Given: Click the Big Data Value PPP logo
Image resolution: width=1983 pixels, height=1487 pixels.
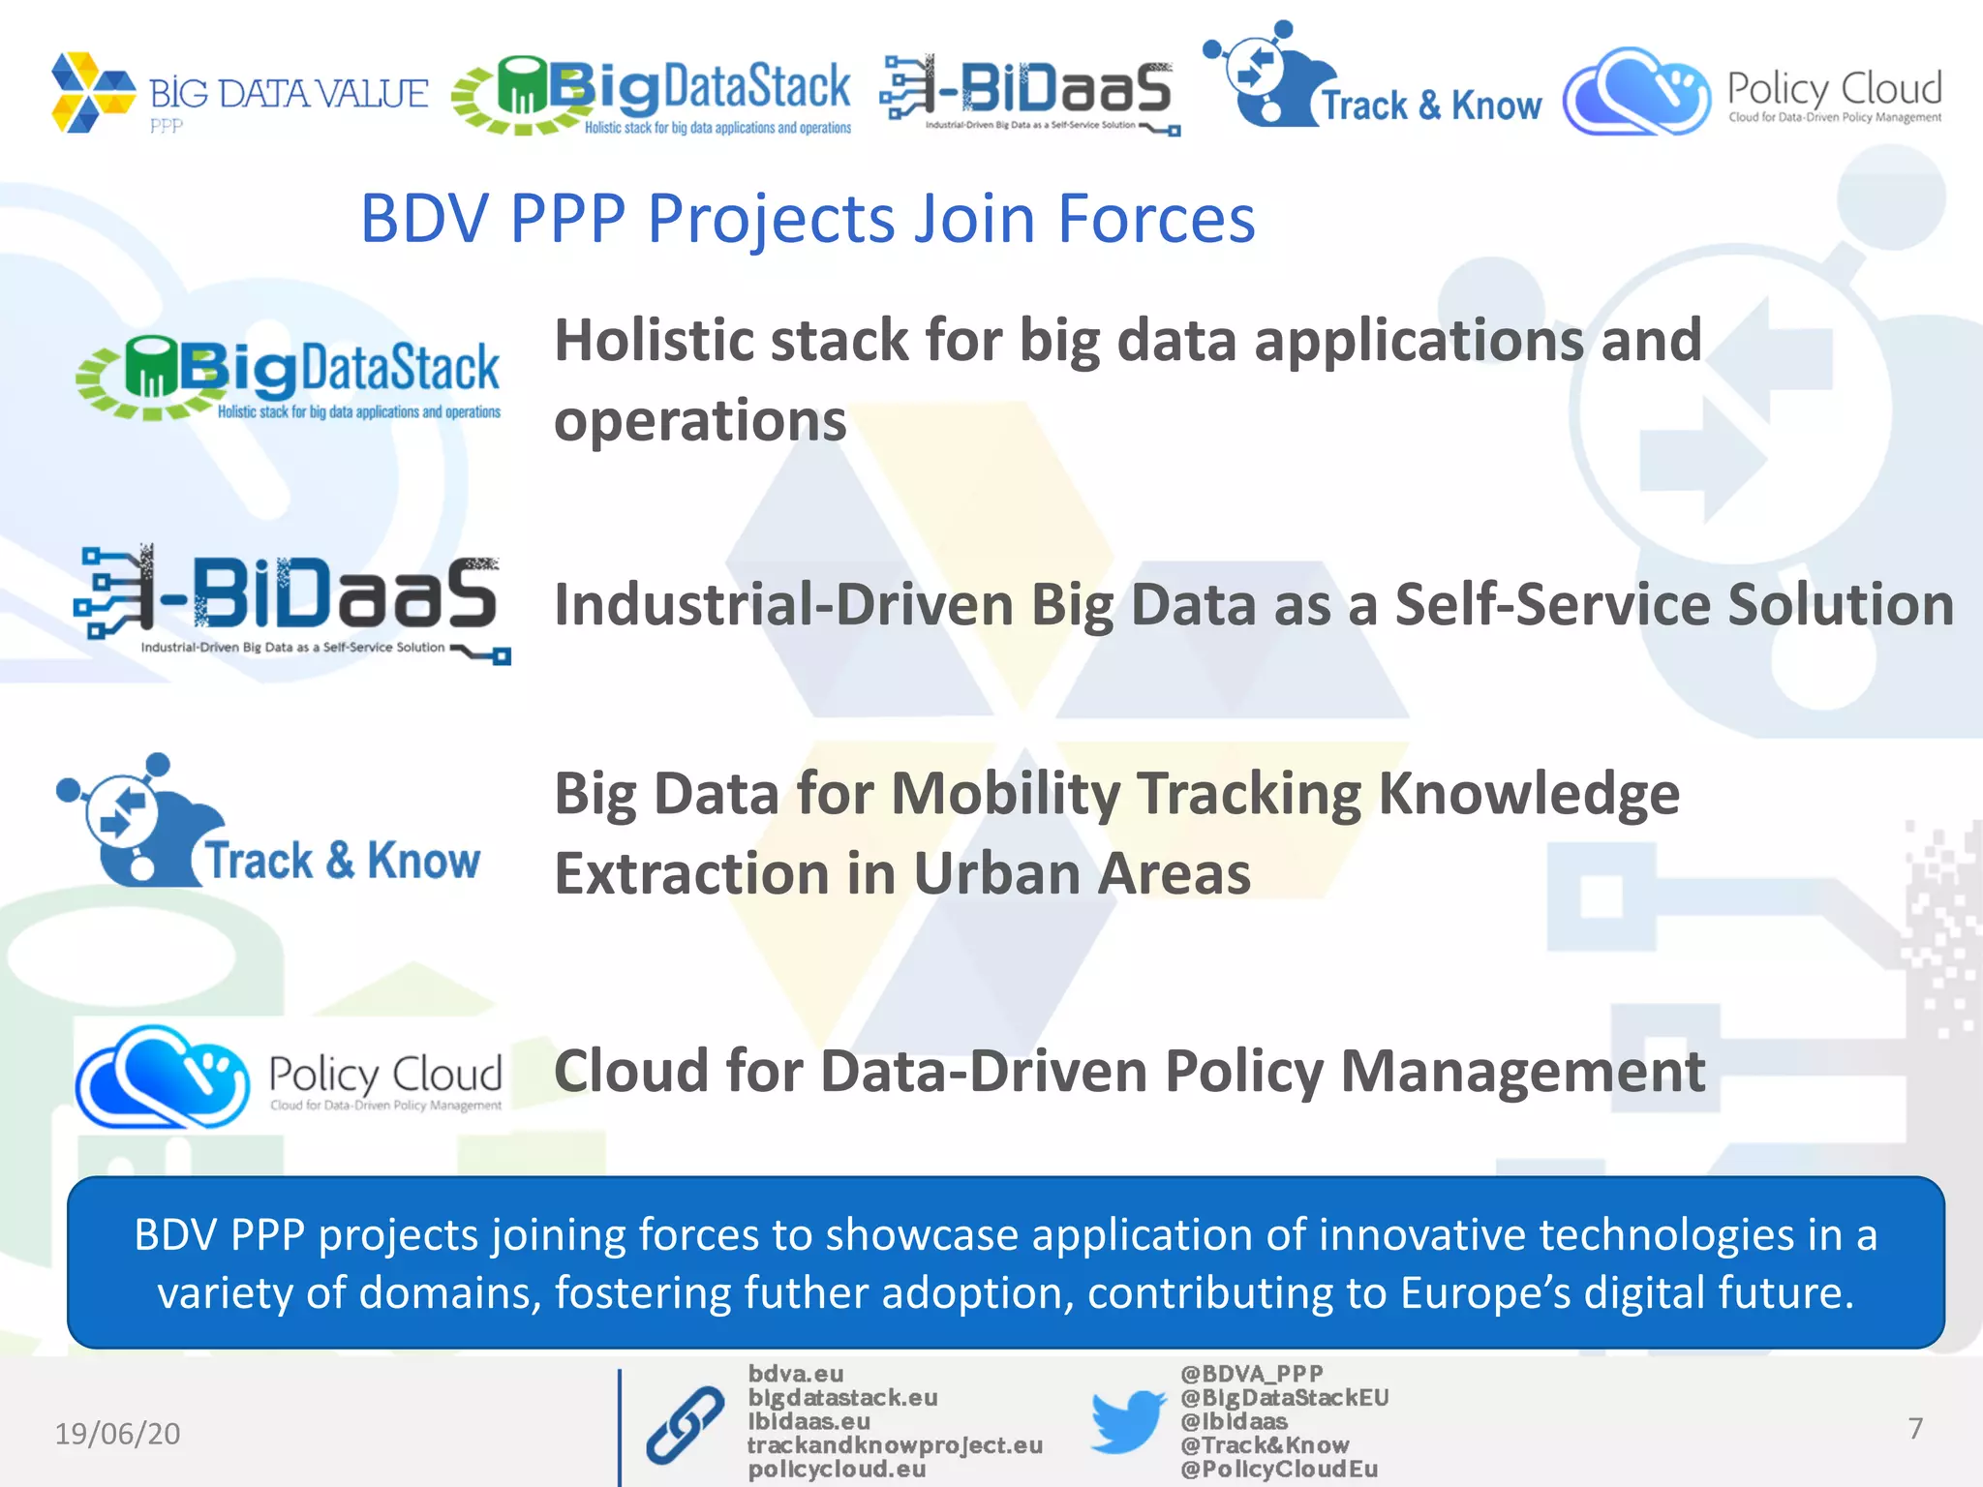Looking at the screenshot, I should pyautogui.click(x=238, y=94).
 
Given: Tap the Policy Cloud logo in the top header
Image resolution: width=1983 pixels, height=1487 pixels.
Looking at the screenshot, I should pyautogui.click(x=1753, y=93).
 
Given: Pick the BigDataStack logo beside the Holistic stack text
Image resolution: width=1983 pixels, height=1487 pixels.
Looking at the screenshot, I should pyautogui.click(x=289, y=379).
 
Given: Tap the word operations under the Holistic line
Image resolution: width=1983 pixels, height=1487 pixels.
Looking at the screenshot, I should pyautogui.click(x=700, y=421).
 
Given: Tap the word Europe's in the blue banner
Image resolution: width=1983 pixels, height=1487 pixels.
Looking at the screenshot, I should pyautogui.click(x=1485, y=1293).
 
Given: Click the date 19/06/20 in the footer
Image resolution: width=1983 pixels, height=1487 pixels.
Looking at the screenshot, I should pyautogui.click(x=117, y=1434).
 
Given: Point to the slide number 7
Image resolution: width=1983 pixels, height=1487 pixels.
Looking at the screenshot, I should pyautogui.click(x=1914, y=1429).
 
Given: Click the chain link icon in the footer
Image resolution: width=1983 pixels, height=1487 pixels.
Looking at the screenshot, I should pyautogui.click(x=686, y=1424).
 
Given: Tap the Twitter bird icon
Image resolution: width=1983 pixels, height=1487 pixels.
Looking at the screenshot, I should pyautogui.click(x=1127, y=1421).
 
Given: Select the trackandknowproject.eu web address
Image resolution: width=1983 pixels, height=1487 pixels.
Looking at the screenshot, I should pyautogui.click(x=895, y=1445).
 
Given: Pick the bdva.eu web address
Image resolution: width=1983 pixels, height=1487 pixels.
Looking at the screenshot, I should pyautogui.click(x=795, y=1374).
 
